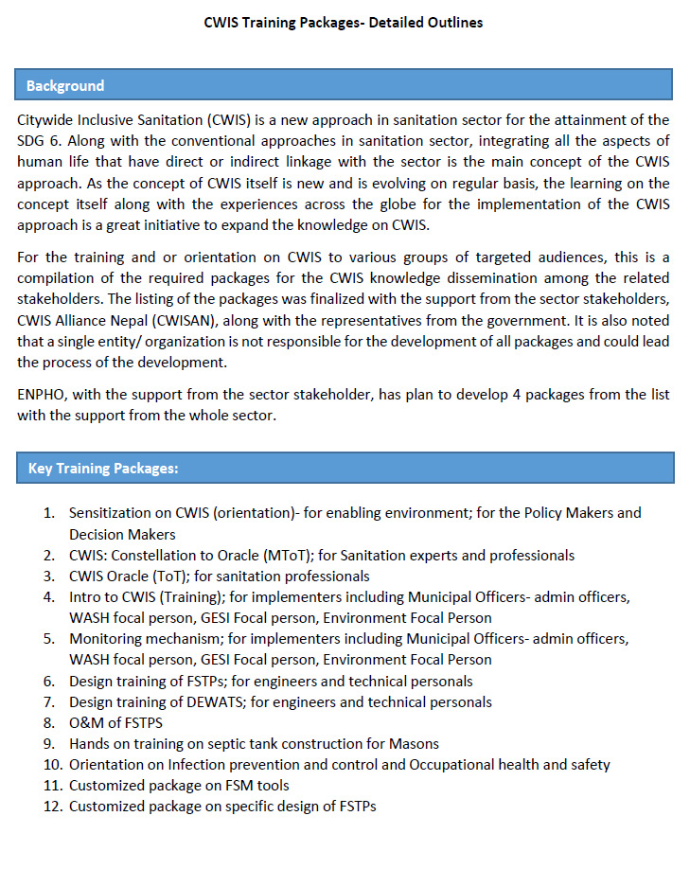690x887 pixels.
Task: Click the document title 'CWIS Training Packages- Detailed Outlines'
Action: tap(344, 22)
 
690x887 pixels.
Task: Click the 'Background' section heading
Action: tap(65, 85)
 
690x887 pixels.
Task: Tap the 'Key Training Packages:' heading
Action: tap(103, 468)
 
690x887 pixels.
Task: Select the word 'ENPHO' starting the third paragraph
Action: tap(42, 394)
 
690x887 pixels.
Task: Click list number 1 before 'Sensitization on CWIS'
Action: tap(49, 513)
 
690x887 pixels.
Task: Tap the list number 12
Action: tap(51, 807)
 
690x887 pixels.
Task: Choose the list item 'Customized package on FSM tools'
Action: tap(179, 786)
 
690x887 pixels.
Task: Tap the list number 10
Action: tap(51, 765)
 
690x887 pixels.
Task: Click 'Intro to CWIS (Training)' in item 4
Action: tap(148, 597)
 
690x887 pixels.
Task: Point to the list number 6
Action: tap(49, 682)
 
